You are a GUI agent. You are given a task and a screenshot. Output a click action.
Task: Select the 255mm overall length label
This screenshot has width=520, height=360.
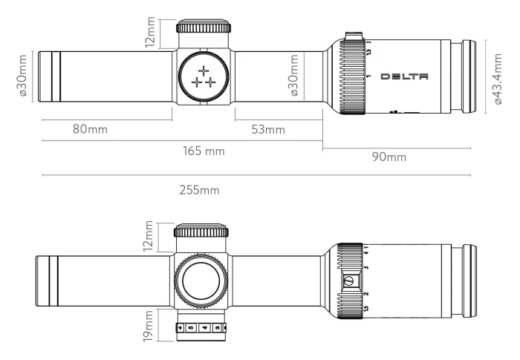point(199,190)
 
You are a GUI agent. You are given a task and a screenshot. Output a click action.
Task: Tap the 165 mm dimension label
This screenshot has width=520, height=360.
point(204,151)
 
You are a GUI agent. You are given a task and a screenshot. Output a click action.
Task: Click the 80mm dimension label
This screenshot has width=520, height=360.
point(90,129)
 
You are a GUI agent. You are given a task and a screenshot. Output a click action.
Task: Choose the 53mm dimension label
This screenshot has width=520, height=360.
point(268,129)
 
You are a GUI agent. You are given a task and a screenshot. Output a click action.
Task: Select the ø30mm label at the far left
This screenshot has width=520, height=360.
point(22,76)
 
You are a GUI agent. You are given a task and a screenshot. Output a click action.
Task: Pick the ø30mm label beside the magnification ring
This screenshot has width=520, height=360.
point(295,76)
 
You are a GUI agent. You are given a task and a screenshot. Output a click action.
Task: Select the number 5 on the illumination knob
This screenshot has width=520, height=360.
point(190,327)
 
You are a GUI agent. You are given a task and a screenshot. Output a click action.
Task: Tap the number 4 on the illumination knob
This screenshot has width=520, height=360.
point(204,327)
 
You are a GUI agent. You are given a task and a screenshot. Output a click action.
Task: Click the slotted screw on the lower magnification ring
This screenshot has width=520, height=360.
point(348,281)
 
